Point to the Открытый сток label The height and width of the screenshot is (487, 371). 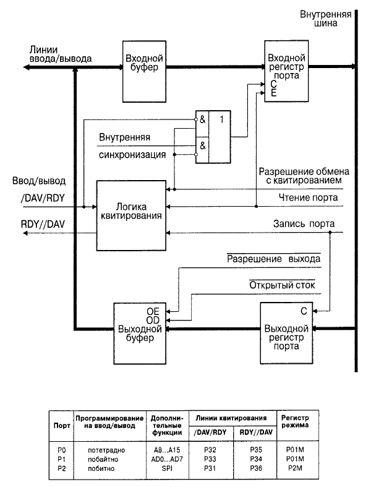pyautogui.click(x=283, y=285)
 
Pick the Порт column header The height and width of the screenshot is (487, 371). pyautogui.click(x=61, y=427)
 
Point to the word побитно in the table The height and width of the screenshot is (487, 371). pyautogui.click(x=110, y=468)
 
